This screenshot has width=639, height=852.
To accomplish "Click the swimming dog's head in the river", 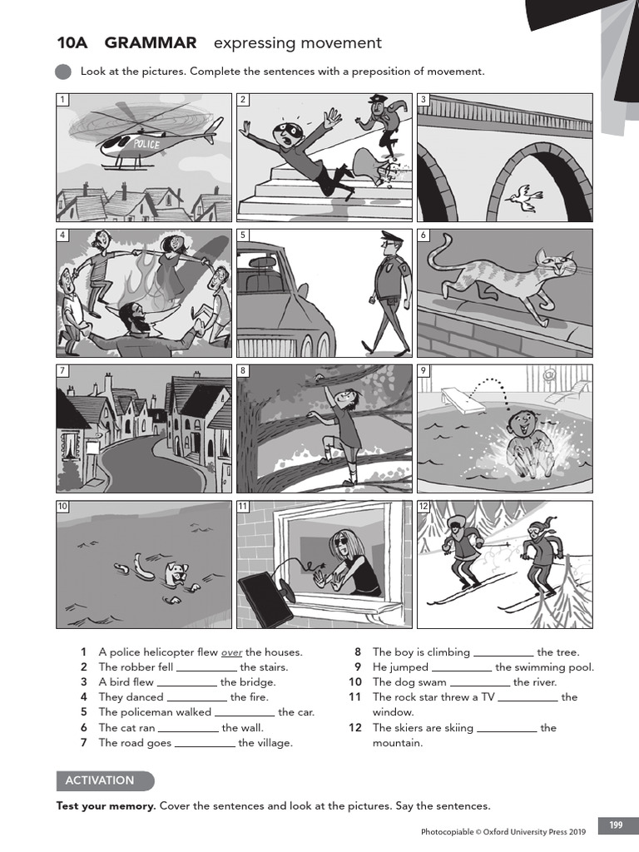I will (176, 573).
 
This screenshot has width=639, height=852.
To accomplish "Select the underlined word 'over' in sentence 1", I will (231, 652).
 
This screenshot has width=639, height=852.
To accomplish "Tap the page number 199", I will (616, 825).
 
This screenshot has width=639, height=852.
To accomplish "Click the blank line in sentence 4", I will (196, 698).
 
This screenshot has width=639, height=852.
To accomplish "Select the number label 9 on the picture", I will (424, 371).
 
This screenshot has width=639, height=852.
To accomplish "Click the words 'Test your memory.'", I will (106, 805).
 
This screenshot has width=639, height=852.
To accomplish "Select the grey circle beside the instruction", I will (63, 72).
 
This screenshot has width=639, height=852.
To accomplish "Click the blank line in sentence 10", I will (479, 683).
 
